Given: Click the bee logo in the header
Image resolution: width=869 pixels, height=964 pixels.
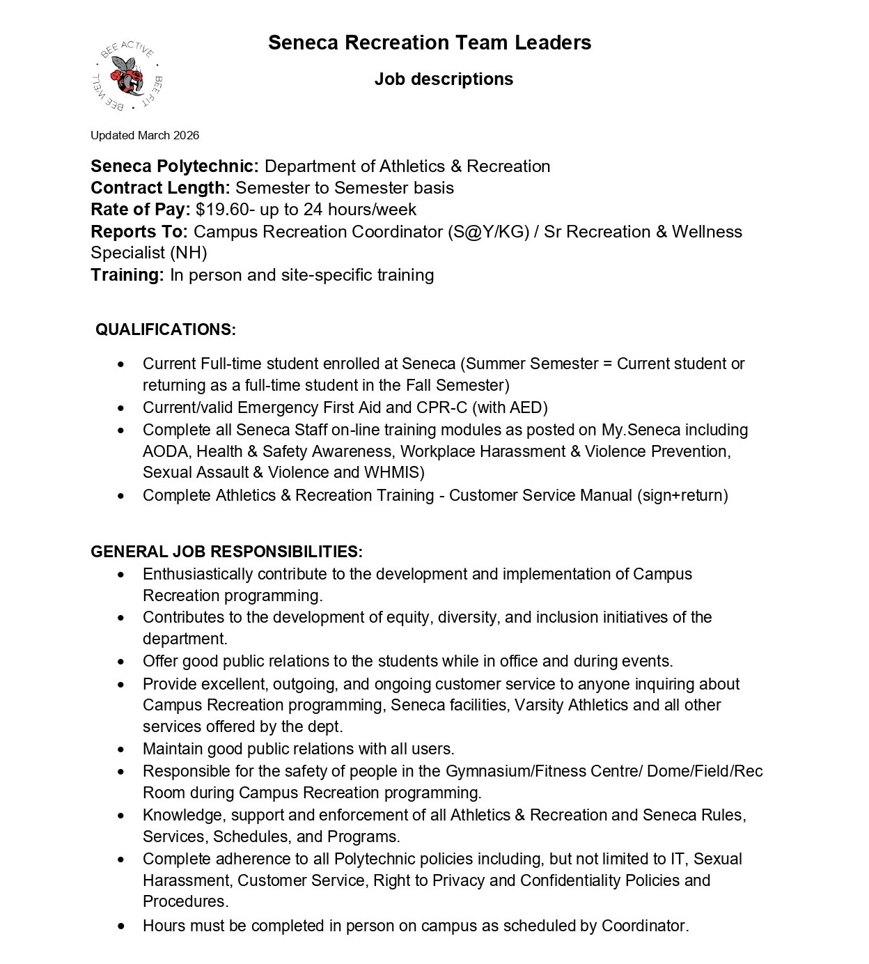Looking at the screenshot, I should click(x=127, y=76).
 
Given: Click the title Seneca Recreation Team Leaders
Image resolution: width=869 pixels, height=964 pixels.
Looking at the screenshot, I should click(x=430, y=42).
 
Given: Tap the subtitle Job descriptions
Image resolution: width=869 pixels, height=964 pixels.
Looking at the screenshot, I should click(x=444, y=79).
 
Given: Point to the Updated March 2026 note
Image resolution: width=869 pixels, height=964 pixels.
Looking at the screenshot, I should click(x=145, y=135).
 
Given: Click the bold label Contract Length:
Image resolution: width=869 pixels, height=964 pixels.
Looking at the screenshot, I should click(x=160, y=188).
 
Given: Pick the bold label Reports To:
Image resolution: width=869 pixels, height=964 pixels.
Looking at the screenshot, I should click(x=139, y=231).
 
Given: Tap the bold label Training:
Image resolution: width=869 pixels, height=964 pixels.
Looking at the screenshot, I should click(x=127, y=275).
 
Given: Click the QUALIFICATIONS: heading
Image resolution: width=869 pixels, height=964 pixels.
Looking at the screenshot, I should click(x=166, y=329).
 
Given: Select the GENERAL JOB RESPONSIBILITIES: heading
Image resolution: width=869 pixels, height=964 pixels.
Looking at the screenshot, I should click(x=226, y=552).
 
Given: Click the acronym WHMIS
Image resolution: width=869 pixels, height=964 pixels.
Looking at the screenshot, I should click(x=392, y=472).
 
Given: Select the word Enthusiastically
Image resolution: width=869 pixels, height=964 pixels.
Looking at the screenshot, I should click(x=198, y=574).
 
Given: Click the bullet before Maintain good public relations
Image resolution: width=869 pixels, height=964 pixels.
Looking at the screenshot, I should click(x=121, y=749).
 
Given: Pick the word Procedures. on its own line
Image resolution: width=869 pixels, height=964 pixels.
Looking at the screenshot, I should click(x=185, y=901).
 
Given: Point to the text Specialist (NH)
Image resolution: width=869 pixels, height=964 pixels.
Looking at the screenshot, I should click(x=149, y=253).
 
